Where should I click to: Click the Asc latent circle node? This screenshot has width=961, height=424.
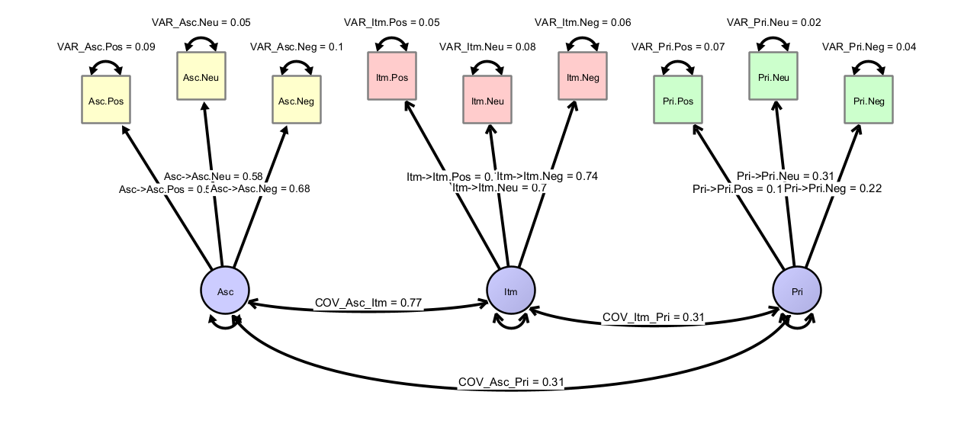coord(226,291)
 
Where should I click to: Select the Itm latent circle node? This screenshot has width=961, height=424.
coord(511,291)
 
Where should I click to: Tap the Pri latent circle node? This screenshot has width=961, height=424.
coord(797,291)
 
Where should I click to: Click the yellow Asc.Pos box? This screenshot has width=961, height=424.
coord(106,100)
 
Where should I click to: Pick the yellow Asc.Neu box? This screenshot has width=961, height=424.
coord(201,76)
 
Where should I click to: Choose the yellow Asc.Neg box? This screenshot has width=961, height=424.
coord(297,100)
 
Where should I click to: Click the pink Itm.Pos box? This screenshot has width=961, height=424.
coord(392,76)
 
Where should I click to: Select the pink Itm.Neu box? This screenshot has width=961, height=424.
coord(487,100)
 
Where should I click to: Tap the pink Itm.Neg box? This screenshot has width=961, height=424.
coord(583,76)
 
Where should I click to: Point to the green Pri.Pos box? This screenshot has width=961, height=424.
coord(678,100)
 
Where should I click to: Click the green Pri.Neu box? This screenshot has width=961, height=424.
coord(773,76)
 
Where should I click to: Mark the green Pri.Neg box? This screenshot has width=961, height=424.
coord(869,100)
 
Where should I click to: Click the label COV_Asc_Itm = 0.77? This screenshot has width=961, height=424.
coord(369,304)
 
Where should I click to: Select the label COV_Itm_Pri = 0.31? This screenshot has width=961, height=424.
coord(653,316)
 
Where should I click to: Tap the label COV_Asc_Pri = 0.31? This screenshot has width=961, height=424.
coord(511,381)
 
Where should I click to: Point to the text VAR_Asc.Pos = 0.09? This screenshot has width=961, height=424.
coord(106,47)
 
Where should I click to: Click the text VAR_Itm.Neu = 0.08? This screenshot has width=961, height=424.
coord(487,47)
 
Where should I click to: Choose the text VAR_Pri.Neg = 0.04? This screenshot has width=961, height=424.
coord(869,47)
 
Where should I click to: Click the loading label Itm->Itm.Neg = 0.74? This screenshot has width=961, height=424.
coord(548,176)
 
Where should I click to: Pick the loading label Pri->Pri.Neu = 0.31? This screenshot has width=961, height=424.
coord(786,176)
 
